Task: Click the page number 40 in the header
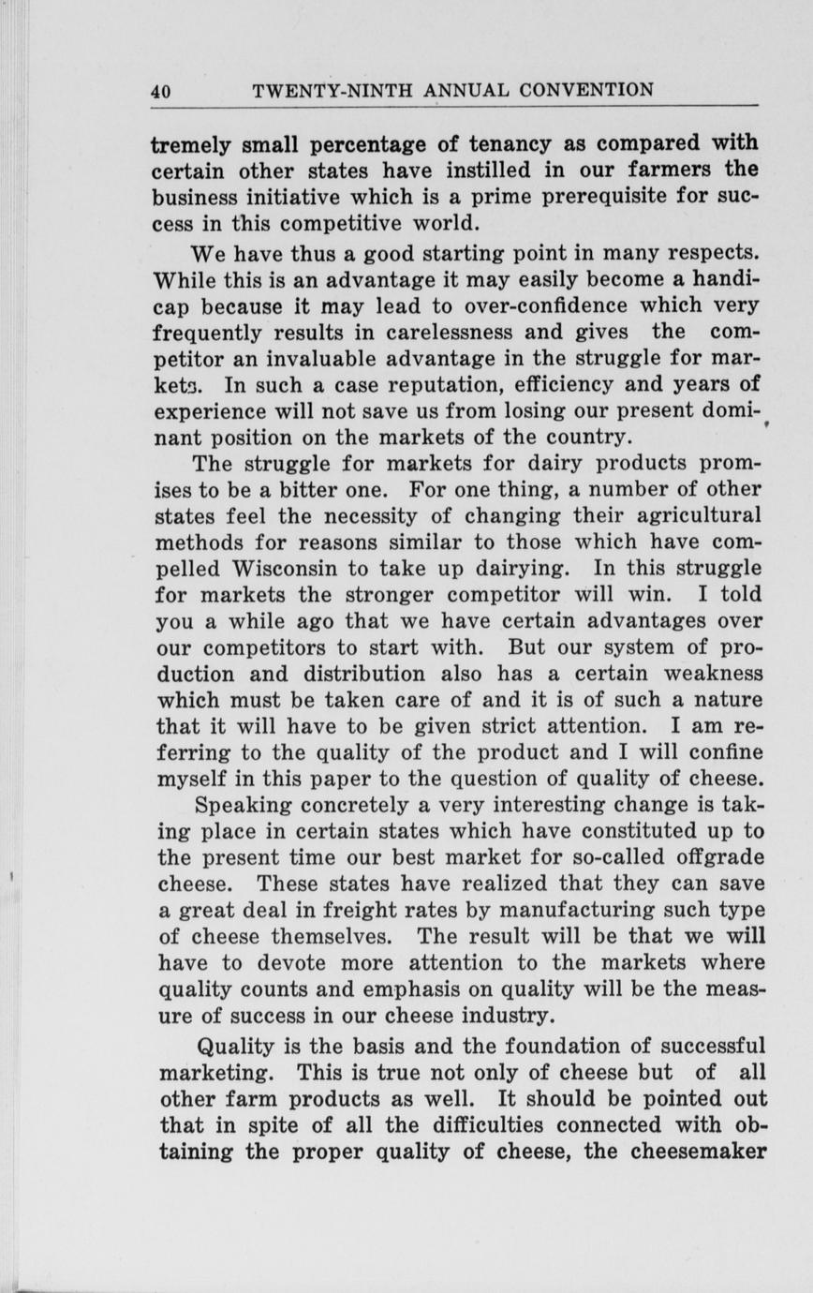tap(160, 92)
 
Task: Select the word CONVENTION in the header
tap(586, 91)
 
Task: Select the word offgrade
tap(712, 857)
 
